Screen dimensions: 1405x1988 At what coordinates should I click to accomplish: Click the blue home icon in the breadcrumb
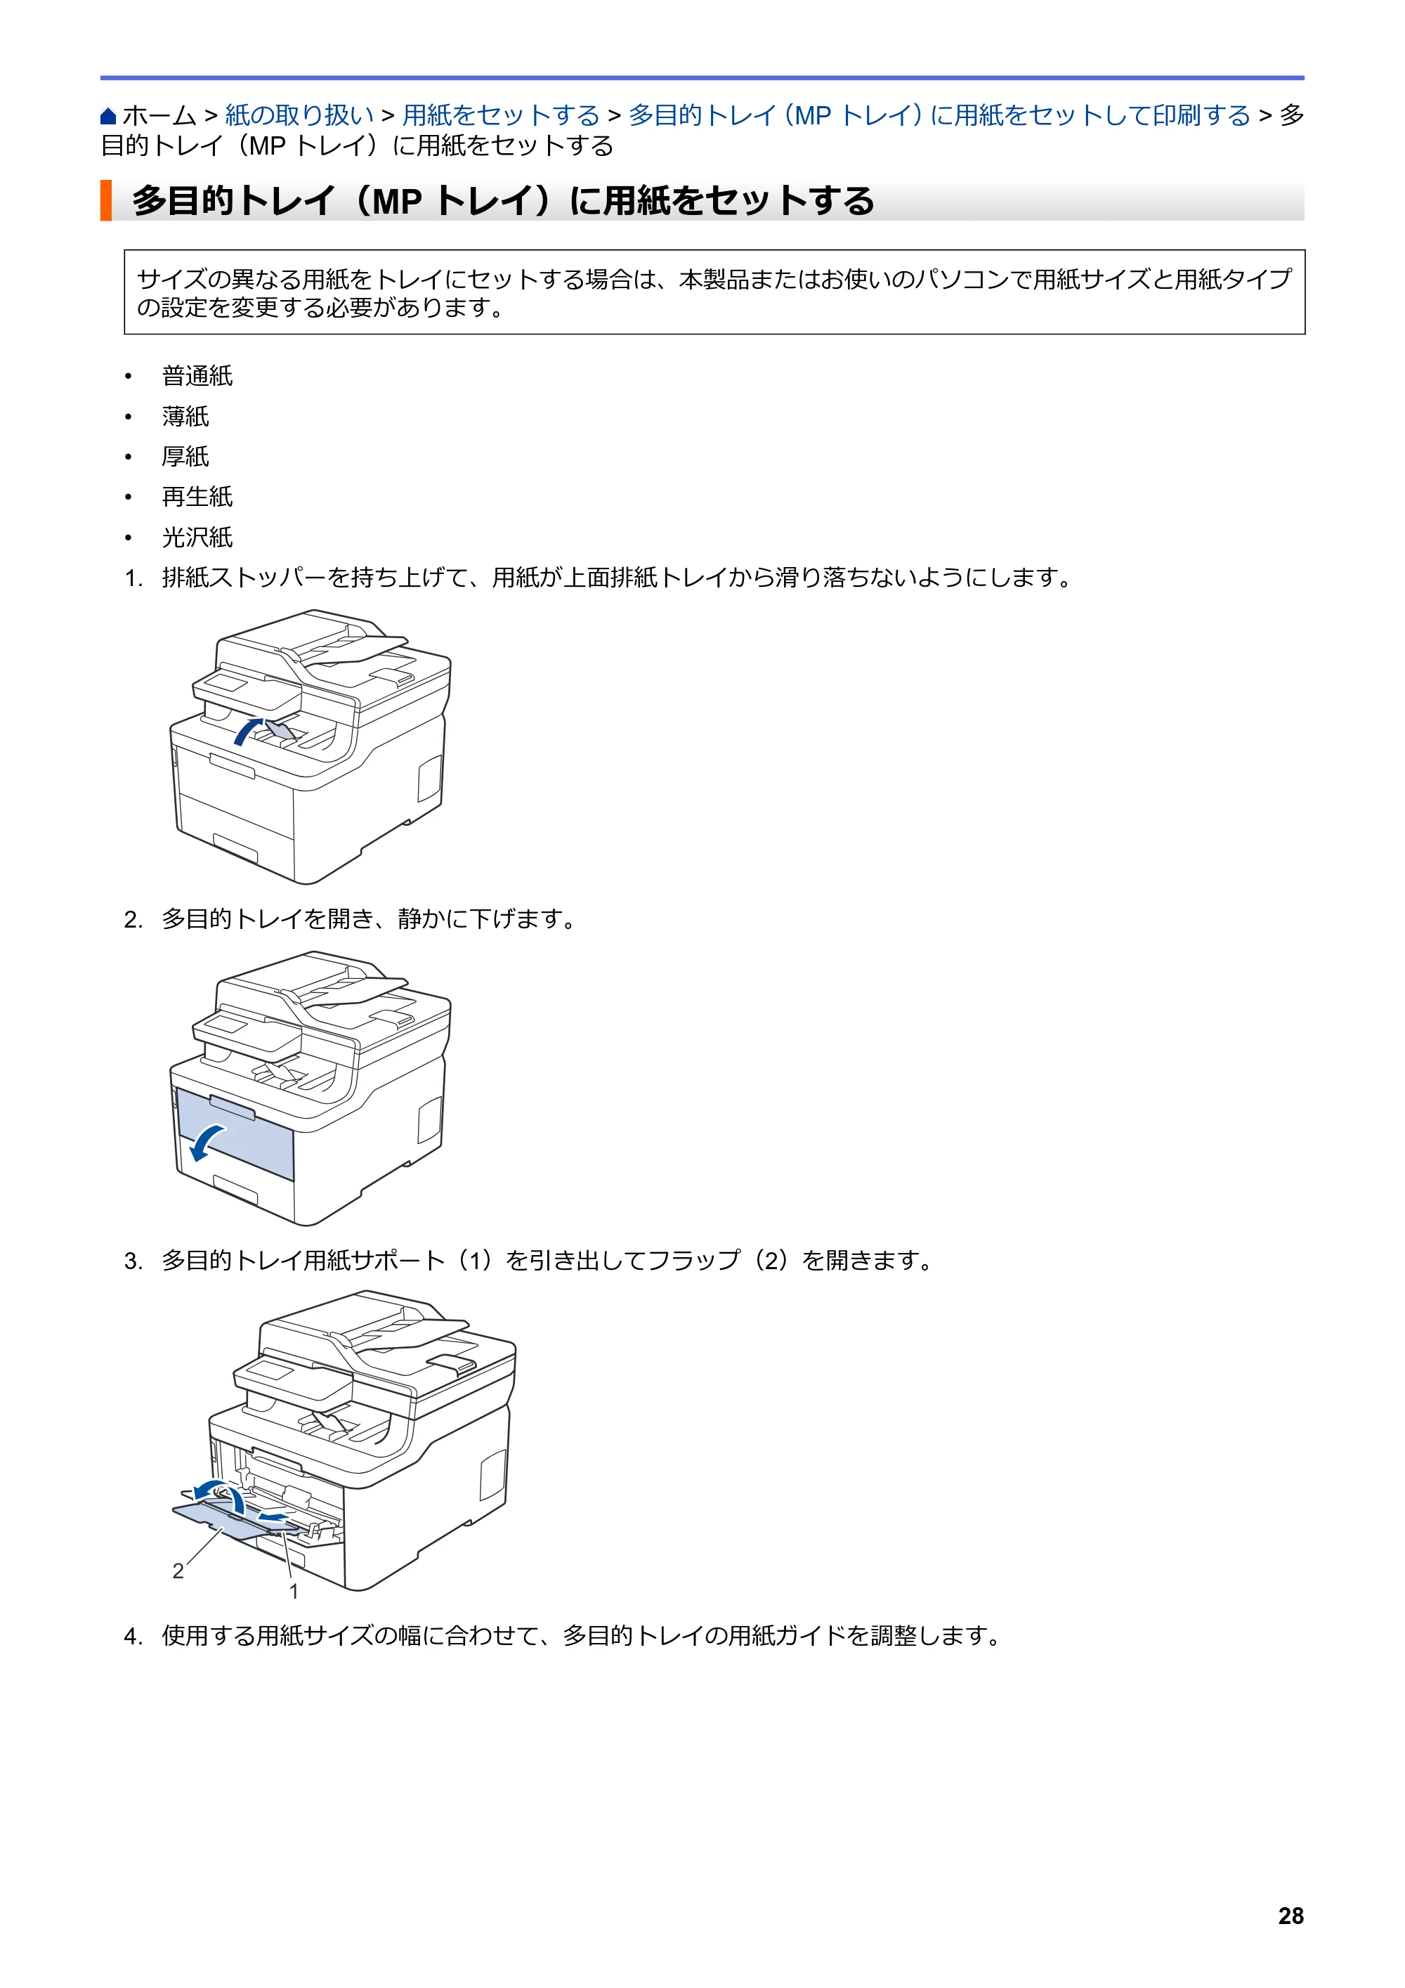pos(108,115)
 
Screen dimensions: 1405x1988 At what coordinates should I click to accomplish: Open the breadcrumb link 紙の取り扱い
pos(299,115)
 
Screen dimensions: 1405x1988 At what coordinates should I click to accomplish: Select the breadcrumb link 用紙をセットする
pos(501,115)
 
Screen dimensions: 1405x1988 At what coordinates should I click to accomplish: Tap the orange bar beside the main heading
pos(105,200)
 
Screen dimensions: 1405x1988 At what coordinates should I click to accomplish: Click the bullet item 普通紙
pos(197,376)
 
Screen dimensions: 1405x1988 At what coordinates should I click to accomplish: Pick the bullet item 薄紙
pos(185,417)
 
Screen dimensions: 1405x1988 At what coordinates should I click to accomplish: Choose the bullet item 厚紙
pos(185,456)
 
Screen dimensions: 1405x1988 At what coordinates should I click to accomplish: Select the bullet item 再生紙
pos(197,497)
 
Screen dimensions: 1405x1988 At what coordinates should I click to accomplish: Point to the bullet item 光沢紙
pos(197,537)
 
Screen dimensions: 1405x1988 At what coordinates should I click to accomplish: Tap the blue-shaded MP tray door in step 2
pos(235,1134)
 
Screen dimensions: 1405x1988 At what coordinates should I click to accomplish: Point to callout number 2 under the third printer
pos(178,1571)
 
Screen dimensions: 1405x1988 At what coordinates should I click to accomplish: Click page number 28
pos(1290,1916)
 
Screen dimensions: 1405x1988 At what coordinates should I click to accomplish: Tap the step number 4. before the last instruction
pos(133,1636)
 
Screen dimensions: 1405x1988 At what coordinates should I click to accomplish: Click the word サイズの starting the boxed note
pos(183,279)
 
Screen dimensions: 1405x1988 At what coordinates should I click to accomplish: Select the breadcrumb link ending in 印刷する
pos(940,115)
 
